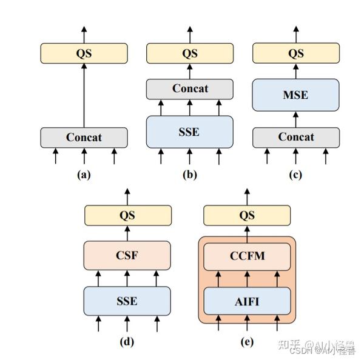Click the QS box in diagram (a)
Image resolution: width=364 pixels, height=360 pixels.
84,53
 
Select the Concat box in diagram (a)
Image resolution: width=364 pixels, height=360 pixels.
84,137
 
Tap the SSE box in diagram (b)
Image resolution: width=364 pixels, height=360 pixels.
190,131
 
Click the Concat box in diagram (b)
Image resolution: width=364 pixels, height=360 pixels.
190,88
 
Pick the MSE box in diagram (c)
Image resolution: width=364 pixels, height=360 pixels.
295,95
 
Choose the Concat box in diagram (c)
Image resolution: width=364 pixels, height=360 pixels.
295,137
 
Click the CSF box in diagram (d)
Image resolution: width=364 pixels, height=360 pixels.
127,255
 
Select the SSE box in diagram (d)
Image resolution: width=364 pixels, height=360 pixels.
127,301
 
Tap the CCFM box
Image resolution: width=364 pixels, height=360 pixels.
247,255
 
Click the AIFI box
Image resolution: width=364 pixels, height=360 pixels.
247,301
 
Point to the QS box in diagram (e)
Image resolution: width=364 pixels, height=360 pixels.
247,216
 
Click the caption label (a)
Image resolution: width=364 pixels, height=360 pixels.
84,175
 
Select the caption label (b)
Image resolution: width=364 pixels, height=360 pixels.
190,175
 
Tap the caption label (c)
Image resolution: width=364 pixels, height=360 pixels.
295,175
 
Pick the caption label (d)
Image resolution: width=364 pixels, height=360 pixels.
127,341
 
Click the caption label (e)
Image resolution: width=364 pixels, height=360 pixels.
247,341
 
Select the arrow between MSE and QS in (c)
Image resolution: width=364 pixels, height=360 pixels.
295,72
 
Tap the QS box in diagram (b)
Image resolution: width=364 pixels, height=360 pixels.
190,53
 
